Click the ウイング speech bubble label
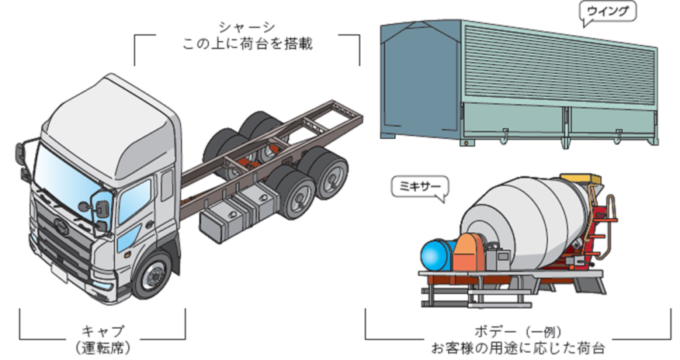(608, 12)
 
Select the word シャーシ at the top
(247, 28)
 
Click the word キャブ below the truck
(103, 332)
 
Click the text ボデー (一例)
(518, 332)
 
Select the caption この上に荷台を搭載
(247, 44)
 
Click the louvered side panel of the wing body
(559, 66)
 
